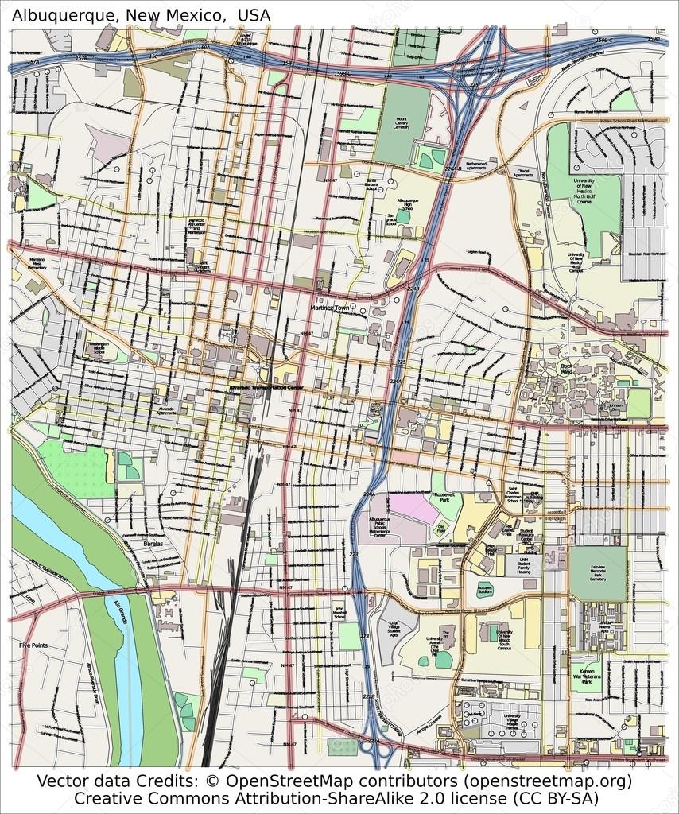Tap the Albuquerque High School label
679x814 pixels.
coord(407,205)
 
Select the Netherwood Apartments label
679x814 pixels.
coord(475,165)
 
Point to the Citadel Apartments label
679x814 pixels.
coord(523,172)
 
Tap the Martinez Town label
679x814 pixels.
coord(330,307)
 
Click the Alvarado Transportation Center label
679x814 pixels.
coord(266,387)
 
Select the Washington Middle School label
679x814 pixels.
coord(99,347)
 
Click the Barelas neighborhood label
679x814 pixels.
coord(152,544)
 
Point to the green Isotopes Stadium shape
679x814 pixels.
coord(485,589)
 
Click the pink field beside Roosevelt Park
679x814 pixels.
coord(415,506)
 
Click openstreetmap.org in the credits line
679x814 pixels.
coord(545,781)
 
